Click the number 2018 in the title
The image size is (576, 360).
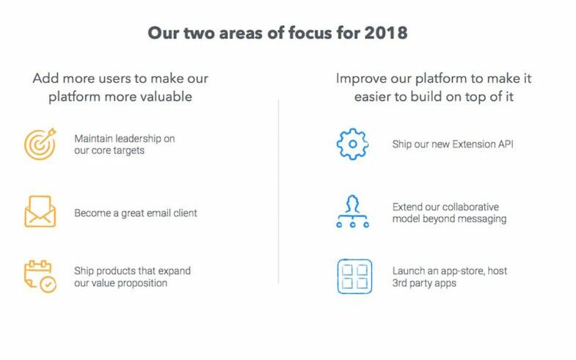tap(386, 33)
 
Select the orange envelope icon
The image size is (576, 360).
tap(40, 211)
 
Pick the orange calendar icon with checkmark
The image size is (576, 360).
tap(40, 276)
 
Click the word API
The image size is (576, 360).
tap(506, 144)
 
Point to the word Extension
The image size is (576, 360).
tap(473, 144)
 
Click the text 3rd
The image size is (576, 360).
tap(400, 283)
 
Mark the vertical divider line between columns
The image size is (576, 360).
tap(278, 191)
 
